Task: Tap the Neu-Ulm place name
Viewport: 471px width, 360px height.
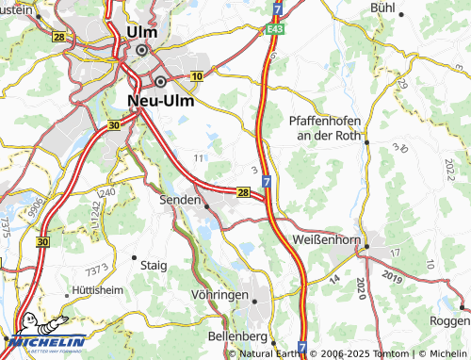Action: point(161,98)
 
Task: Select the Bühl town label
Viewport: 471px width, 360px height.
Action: point(383,7)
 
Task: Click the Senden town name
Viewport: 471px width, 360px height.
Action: point(180,200)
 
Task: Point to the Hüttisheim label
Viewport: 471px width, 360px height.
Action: point(93,292)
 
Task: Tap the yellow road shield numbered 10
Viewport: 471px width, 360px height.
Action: point(197,75)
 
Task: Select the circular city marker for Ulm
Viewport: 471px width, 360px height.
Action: point(142,51)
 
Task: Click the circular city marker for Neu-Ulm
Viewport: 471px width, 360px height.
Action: point(161,81)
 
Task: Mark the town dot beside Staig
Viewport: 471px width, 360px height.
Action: point(135,256)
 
